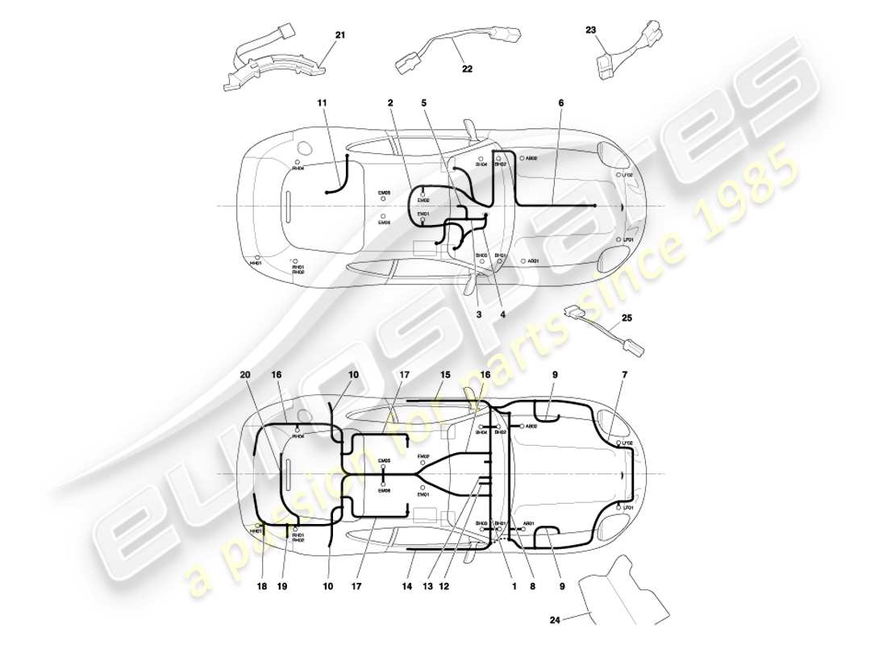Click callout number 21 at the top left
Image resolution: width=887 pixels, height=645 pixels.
(x=339, y=35)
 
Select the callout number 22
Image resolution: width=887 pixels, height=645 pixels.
(x=467, y=69)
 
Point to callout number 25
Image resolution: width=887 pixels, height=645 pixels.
(x=627, y=318)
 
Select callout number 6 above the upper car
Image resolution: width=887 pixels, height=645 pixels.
(x=560, y=103)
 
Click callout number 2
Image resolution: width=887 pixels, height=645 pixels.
(x=389, y=103)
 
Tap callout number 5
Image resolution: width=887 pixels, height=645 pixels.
(x=423, y=103)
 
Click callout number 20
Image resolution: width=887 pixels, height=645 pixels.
(x=244, y=375)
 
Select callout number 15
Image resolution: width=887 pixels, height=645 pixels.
(x=445, y=375)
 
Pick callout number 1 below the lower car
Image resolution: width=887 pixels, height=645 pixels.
(x=513, y=586)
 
